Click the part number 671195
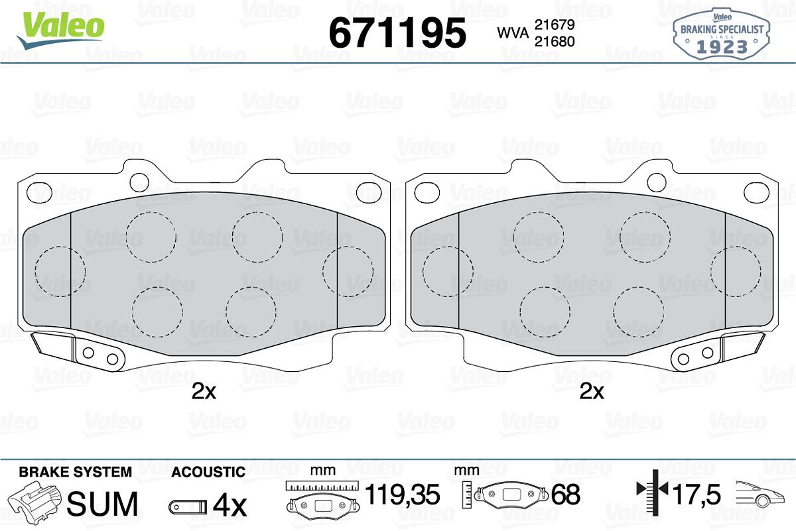coord(397,33)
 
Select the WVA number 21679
coord(555,25)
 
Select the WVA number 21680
coord(555,42)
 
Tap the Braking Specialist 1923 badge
coord(722,34)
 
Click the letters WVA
coord(513,33)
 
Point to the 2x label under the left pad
coord(204,391)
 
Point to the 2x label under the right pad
coord(592,391)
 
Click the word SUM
coord(102,504)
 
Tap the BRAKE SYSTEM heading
coord(76,472)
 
